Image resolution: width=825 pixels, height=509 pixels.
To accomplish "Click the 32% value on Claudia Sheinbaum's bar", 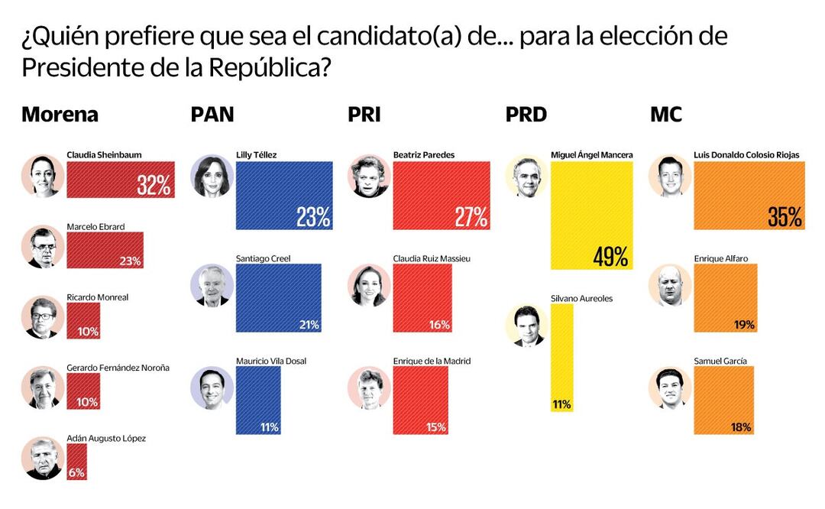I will (154, 185).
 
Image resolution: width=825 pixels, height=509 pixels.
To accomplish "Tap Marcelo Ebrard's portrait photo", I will (43, 247).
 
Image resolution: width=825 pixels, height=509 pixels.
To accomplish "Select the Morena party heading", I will (60, 115).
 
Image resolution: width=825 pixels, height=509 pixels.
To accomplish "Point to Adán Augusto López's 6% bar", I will (76, 462).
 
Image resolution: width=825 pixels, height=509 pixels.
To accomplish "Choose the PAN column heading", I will (212, 115).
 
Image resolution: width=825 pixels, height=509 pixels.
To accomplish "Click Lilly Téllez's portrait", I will (212, 177).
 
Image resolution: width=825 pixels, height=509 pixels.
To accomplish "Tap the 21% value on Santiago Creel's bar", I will (309, 325).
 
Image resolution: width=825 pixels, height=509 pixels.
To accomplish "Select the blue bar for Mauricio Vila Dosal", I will (257, 400).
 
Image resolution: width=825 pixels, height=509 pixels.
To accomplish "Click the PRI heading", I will (364, 115).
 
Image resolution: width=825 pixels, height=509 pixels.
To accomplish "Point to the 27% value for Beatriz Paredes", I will (471, 217).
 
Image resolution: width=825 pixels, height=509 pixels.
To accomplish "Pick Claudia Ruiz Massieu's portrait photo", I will (369, 285).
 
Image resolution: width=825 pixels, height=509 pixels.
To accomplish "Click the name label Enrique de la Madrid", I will (432, 361).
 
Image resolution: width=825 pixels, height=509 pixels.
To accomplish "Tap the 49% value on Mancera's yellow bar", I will (611, 256).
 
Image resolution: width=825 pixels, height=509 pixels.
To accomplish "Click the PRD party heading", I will (526, 115).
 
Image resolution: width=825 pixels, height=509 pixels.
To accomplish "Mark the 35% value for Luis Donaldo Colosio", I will (785, 217).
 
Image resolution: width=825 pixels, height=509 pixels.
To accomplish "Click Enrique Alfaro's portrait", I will (670, 285).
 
